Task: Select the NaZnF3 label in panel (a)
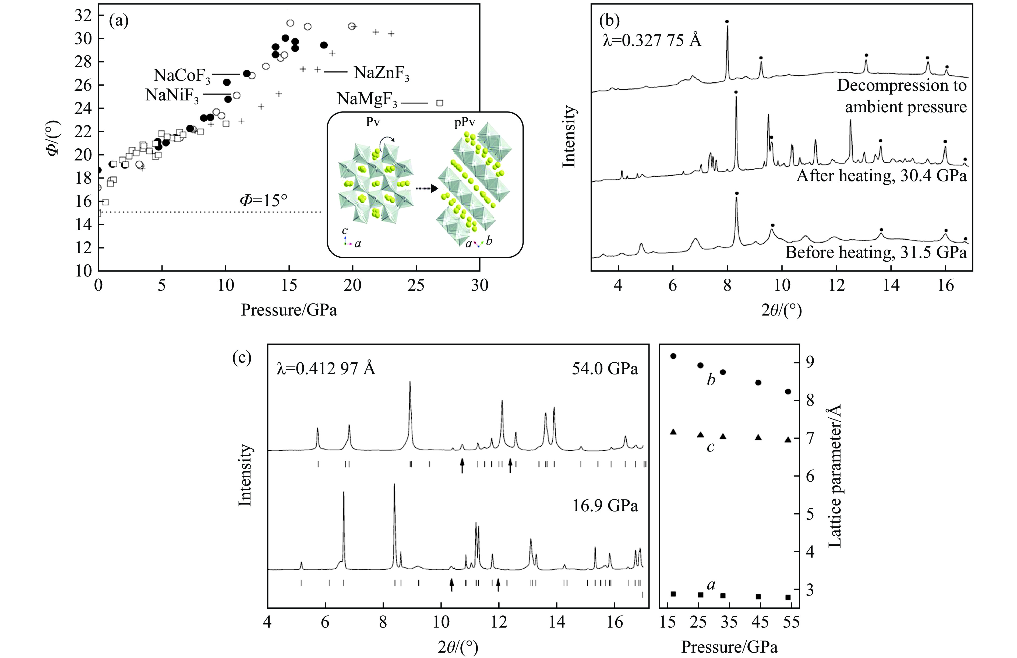[381, 73]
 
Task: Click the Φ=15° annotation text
[263, 200]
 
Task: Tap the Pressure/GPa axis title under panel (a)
[289, 310]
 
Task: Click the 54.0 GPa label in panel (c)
[605, 368]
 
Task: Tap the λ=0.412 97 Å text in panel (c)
[326, 368]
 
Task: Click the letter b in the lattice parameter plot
[711, 380]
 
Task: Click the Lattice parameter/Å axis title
[835, 477]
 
